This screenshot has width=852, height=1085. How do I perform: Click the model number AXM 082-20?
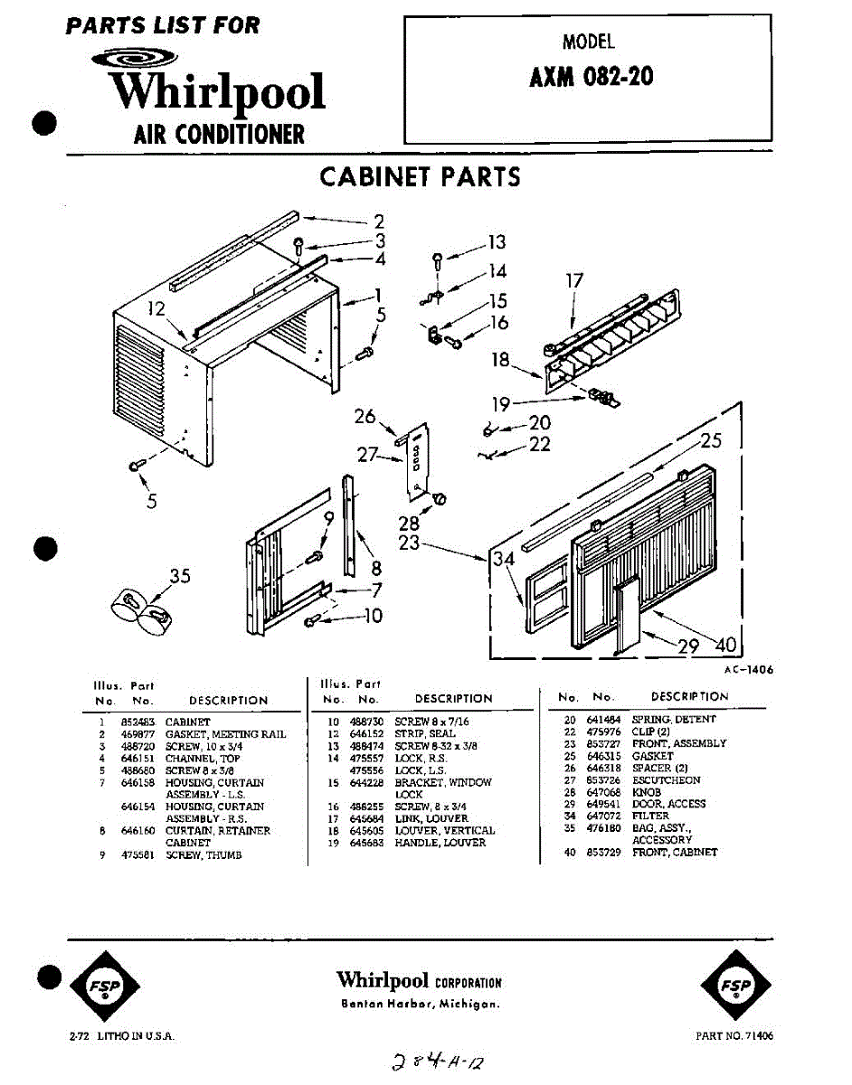[591, 77]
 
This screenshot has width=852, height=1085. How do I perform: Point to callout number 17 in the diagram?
[575, 281]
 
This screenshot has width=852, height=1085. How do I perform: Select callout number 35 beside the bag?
[180, 575]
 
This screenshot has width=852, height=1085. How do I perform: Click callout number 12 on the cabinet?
[157, 309]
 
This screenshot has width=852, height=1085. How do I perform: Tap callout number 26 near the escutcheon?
[364, 417]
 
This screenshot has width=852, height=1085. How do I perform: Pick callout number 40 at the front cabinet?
[726, 645]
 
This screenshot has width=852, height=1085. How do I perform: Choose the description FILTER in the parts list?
[650, 816]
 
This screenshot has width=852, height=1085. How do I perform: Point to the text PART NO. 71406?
[734, 1035]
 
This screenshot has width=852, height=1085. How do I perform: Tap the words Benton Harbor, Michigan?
[420, 1004]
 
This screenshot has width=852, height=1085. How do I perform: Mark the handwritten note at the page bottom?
[441, 1061]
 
